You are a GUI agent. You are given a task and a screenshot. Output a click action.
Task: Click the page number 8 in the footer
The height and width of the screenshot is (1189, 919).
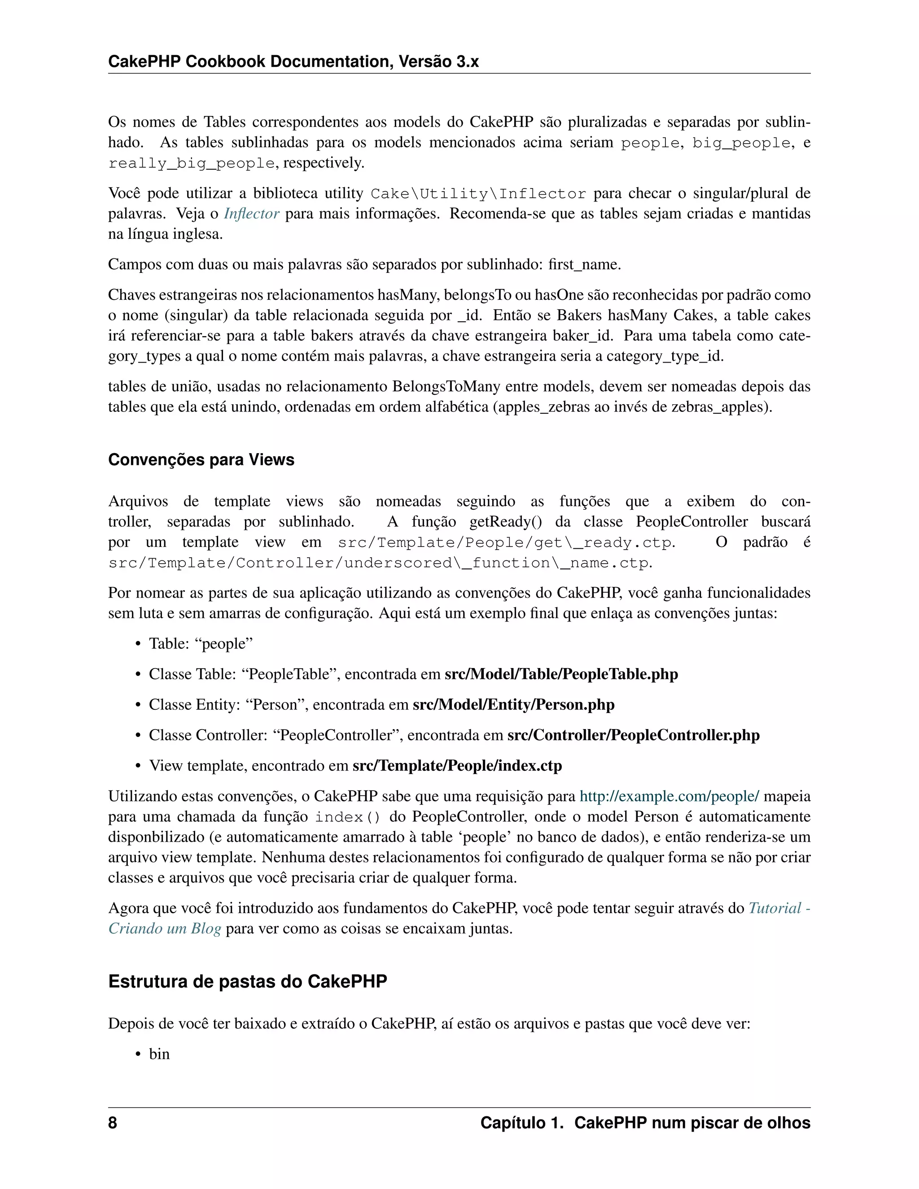[x=113, y=1123]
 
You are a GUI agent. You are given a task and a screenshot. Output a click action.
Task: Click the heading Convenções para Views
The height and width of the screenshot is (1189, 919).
[x=201, y=459]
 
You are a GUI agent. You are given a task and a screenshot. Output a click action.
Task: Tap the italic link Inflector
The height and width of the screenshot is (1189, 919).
[x=252, y=214]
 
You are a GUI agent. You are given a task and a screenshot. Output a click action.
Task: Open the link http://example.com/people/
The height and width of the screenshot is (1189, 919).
[x=669, y=796]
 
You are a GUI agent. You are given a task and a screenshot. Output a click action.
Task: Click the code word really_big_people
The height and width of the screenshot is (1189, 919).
[x=192, y=163]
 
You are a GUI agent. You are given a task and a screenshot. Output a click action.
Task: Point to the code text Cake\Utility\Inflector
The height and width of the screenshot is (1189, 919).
[x=478, y=194]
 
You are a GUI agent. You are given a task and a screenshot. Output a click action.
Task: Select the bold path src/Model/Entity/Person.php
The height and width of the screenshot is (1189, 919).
[x=513, y=704]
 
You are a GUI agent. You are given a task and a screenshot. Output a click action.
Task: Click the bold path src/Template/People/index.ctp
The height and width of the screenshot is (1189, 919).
[x=457, y=765]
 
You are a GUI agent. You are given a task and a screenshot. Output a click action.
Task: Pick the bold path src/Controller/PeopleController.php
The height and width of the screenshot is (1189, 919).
[x=633, y=735]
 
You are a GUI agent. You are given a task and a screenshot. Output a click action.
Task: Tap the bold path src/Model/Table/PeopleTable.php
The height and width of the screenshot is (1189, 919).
[x=561, y=674]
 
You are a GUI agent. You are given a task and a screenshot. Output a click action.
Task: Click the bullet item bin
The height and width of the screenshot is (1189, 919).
[x=159, y=1053]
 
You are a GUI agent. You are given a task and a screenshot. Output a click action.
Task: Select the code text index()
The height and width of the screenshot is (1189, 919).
[x=348, y=817]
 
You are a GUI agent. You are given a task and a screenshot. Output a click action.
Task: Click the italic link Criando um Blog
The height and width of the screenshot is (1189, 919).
[x=164, y=928]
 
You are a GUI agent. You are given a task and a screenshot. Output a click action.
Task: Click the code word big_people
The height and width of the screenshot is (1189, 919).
[x=741, y=143]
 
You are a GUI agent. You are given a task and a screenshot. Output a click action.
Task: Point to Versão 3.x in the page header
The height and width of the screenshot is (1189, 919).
[x=438, y=61]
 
